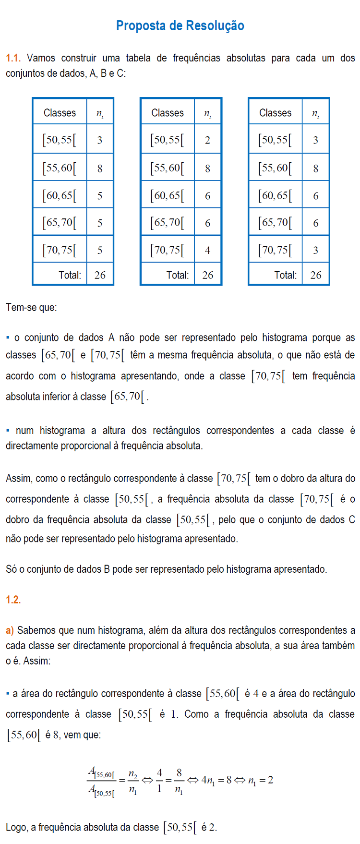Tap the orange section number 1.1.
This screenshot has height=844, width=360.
tap(13, 58)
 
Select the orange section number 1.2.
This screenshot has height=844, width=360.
tap(13, 600)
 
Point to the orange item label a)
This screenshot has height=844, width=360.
tap(10, 630)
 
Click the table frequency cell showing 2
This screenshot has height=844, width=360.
tap(207, 140)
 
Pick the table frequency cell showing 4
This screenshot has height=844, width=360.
tap(207, 250)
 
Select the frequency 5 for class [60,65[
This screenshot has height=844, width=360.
tap(100, 195)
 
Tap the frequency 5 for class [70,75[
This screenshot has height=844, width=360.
tap(100, 250)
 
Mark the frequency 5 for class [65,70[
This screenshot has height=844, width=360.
tap(100, 223)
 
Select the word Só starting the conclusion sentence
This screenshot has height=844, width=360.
tap(11, 569)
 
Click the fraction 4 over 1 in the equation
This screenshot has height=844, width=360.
tap(159, 781)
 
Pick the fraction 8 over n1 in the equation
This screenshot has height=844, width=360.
tap(179, 781)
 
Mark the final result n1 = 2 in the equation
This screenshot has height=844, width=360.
tap(261, 781)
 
